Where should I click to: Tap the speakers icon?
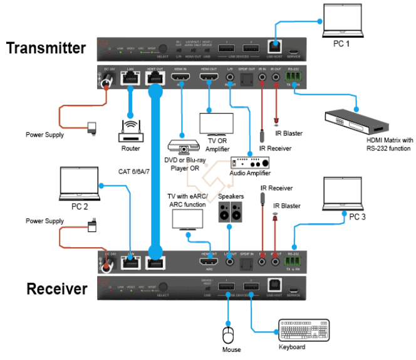[x=231, y=212]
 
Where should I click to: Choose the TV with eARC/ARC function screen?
[x=187, y=218]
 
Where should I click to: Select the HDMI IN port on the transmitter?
[x=180, y=79]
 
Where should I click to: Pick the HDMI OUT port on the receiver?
[x=209, y=262]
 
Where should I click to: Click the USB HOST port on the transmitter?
[x=273, y=46]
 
